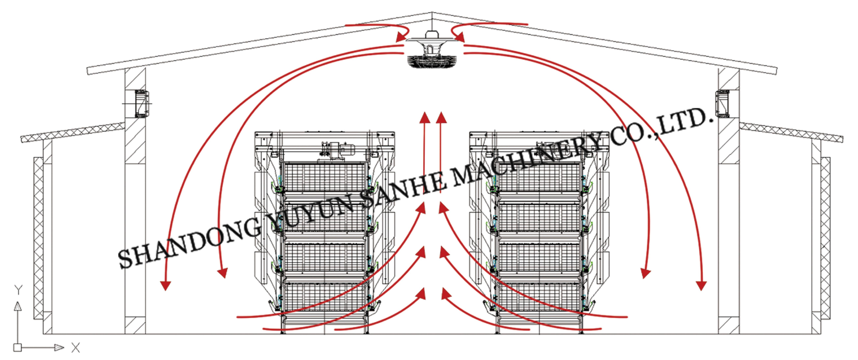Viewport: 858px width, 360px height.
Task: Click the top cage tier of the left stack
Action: point(325,178)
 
